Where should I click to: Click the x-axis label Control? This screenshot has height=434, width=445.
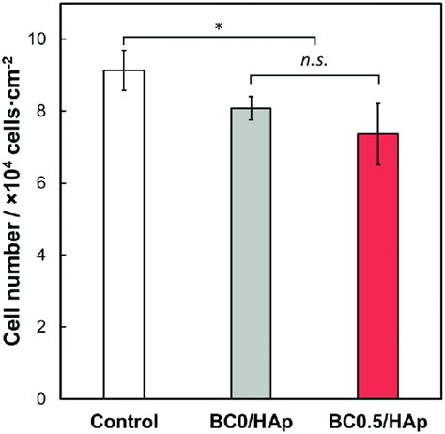pos(123,419)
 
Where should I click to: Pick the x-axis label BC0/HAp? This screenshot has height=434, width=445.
pos(250,419)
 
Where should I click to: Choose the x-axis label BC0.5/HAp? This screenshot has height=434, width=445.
pos(377,419)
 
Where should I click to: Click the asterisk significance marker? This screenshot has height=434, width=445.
pos(218,26)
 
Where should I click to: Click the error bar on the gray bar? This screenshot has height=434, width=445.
pos(250,108)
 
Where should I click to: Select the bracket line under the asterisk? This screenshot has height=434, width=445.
pos(218,38)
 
